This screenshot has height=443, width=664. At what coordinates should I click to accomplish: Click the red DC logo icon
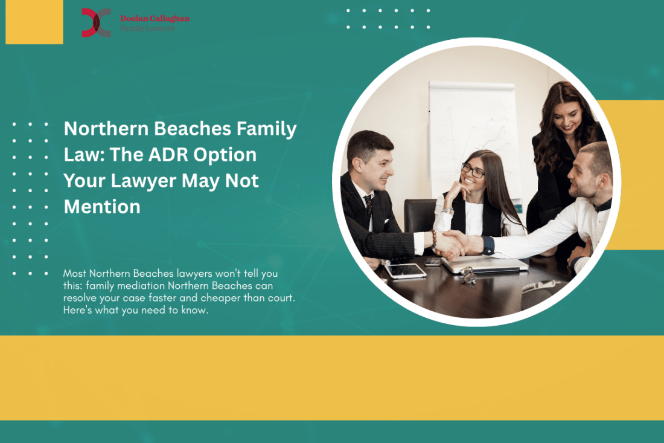pos(96,22)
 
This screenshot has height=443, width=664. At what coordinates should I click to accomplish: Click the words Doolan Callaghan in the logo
pos(155,19)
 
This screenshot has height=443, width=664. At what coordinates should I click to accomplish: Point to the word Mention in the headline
pos(102,207)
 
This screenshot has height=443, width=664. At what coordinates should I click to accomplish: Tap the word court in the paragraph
pos(281,299)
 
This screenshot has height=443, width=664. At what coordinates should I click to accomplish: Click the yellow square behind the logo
pos(34,22)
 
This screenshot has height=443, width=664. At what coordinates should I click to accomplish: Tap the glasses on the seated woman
pos(473,170)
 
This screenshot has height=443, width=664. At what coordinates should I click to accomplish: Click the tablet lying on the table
pos(406,270)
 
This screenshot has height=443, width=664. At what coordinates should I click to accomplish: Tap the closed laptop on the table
pos(483,264)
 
